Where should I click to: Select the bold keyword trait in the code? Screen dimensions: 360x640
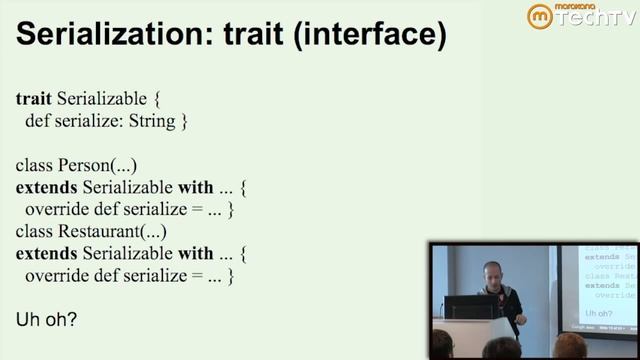coord(34,100)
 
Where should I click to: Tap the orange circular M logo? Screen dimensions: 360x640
coord(540,17)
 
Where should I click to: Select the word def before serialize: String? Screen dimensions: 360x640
coord(39,122)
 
